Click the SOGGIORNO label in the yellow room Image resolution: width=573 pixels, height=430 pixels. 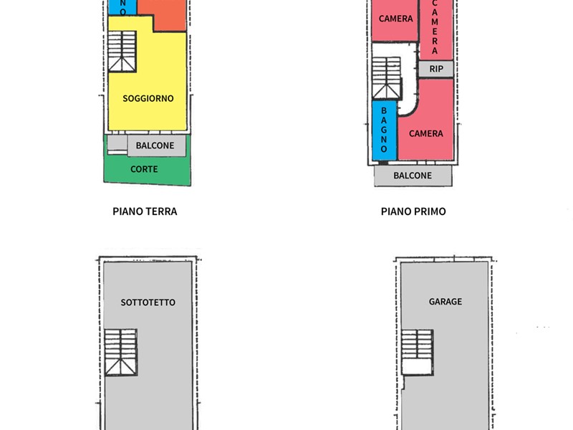[148, 98]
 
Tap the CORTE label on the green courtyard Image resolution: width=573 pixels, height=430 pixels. [144, 169]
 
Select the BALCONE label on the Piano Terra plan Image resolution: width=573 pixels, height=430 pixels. [155, 145]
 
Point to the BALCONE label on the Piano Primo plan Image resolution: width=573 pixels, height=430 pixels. [413, 176]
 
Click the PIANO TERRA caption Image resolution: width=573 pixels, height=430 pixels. [145, 211]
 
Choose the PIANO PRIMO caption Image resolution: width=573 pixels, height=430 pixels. [413, 211]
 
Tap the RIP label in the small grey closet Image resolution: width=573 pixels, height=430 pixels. [436, 69]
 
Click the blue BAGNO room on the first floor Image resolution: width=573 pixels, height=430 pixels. [384, 130]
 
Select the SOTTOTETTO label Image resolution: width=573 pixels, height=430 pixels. [148, 302]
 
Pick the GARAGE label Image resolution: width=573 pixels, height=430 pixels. [446, 302]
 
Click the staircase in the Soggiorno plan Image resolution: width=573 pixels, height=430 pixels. [122, 51]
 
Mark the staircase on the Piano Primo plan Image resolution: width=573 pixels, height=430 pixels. [386, 78]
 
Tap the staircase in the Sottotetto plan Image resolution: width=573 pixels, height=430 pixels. [121, 353]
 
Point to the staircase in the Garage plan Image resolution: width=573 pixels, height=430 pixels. [418, 353]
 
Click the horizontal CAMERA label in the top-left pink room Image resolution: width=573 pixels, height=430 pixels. [396, 19]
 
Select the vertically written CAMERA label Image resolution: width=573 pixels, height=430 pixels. [435, 27]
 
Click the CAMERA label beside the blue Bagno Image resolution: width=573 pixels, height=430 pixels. [426, 134]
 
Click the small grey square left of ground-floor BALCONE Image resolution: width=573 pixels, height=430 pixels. [117, 143]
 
